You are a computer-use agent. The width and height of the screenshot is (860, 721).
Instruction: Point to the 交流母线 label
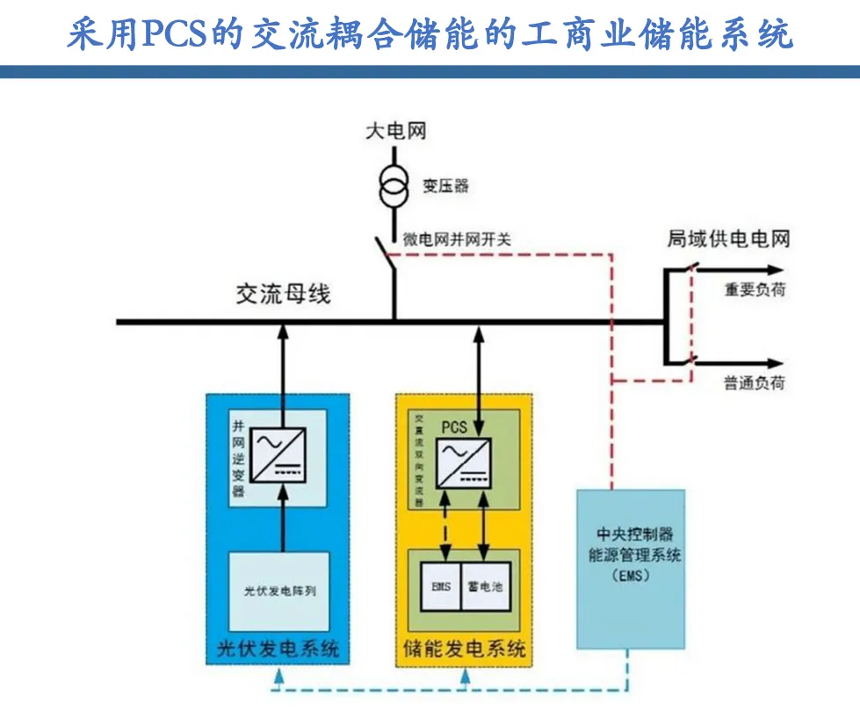(x=283, y=295)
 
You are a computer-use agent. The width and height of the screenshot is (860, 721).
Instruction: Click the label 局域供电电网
(x=728, y=239)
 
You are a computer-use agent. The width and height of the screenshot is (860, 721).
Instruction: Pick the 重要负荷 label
(x=755, y=289)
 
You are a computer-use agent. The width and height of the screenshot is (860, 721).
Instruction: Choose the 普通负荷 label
(x=755, y=382)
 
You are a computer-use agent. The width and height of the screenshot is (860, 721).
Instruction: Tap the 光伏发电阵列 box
(x=279, y=590)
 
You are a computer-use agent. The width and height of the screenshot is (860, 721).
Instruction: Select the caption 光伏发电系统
(x=278, y=650)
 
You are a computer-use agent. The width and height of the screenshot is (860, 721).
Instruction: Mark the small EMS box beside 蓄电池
(x=440, y=584)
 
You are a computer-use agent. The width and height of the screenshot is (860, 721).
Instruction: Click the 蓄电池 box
(x=487, y=584)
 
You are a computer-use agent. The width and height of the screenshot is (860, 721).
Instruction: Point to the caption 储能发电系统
(x=464, y=650)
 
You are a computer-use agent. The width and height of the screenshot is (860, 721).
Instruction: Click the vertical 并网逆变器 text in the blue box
(x=238, y=458)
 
